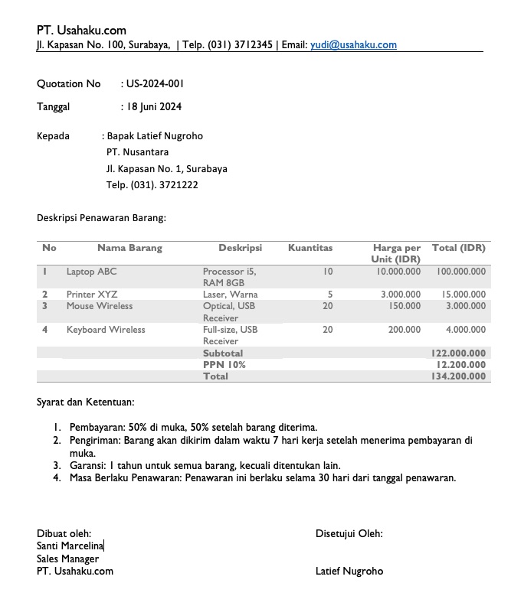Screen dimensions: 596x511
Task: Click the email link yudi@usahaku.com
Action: click(x=353, y=45)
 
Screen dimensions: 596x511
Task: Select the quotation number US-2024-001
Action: click(x=155, y=83)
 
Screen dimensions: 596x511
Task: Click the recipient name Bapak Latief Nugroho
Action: click(x=155, y=136)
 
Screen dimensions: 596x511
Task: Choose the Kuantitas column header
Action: click(x=310, y=248)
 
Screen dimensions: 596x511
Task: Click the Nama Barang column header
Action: click(x=129, y=248)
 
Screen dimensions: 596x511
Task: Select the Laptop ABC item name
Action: click(x=91, y=272)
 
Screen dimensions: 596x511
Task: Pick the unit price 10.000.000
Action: click(x=398, y=272)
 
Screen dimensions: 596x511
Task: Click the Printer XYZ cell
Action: click(x=91, y=295)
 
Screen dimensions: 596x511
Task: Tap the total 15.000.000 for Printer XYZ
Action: click(x=464, y=295)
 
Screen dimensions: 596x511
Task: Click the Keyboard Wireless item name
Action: click(x=105, y=330)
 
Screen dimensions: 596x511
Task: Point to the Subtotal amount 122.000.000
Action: click(x=458, y=353)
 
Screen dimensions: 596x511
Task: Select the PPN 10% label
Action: click(x=224, y=365)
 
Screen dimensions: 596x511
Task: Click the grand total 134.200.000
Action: click(x=458, y=376)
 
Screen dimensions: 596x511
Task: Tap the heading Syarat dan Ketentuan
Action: click(x=86, y=402)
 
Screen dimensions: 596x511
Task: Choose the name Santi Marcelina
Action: click(x=70, y=546)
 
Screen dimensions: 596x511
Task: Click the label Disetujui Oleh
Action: click(x=349, y=533)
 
